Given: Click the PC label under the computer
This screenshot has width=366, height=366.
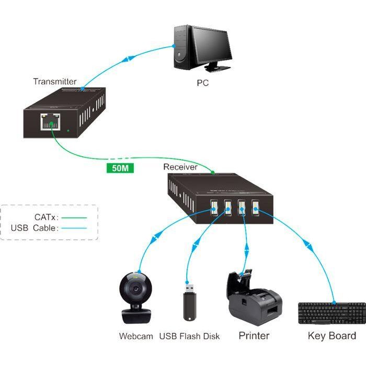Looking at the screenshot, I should point(202,83).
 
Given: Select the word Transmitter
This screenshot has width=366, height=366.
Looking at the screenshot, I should point(54,82).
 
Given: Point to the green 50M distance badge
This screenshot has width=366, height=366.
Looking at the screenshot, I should point(119,168).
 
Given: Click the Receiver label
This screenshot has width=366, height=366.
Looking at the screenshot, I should point(180,167).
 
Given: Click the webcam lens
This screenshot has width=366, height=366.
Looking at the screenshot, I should point(136,290).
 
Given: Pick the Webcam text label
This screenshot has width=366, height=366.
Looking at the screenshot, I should point(136,336).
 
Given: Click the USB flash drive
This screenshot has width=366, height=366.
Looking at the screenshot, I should point(189,303).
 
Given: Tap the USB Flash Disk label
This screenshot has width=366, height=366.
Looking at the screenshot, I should point(190,336).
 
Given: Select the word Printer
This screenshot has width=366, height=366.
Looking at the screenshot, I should point(254,336).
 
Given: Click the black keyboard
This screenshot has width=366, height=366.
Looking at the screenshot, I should point(331,313).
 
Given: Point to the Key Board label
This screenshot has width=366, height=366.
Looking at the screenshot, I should point(331,336).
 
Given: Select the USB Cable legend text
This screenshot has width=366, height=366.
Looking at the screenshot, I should point(36,228).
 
